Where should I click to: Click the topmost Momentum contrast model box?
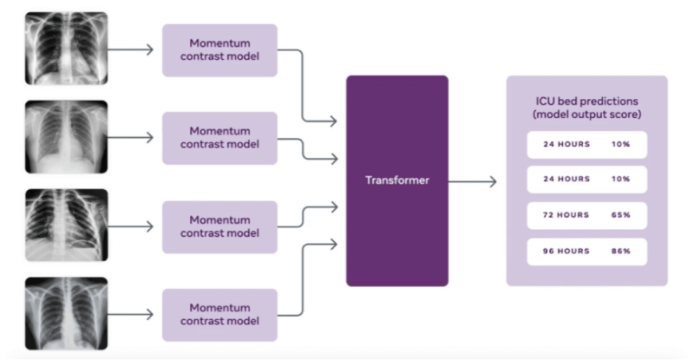click(219, 49)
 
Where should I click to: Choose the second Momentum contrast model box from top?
click(219, 138)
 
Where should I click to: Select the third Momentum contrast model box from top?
click(219, 226)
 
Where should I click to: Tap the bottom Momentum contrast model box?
click(219, 315)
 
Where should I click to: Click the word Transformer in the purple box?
click(396, 180)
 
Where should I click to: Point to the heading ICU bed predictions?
click(586, 101)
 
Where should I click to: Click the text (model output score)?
click(586, 115)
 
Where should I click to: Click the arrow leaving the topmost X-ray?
click(134, 49)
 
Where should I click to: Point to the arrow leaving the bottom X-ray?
click(134, 315)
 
